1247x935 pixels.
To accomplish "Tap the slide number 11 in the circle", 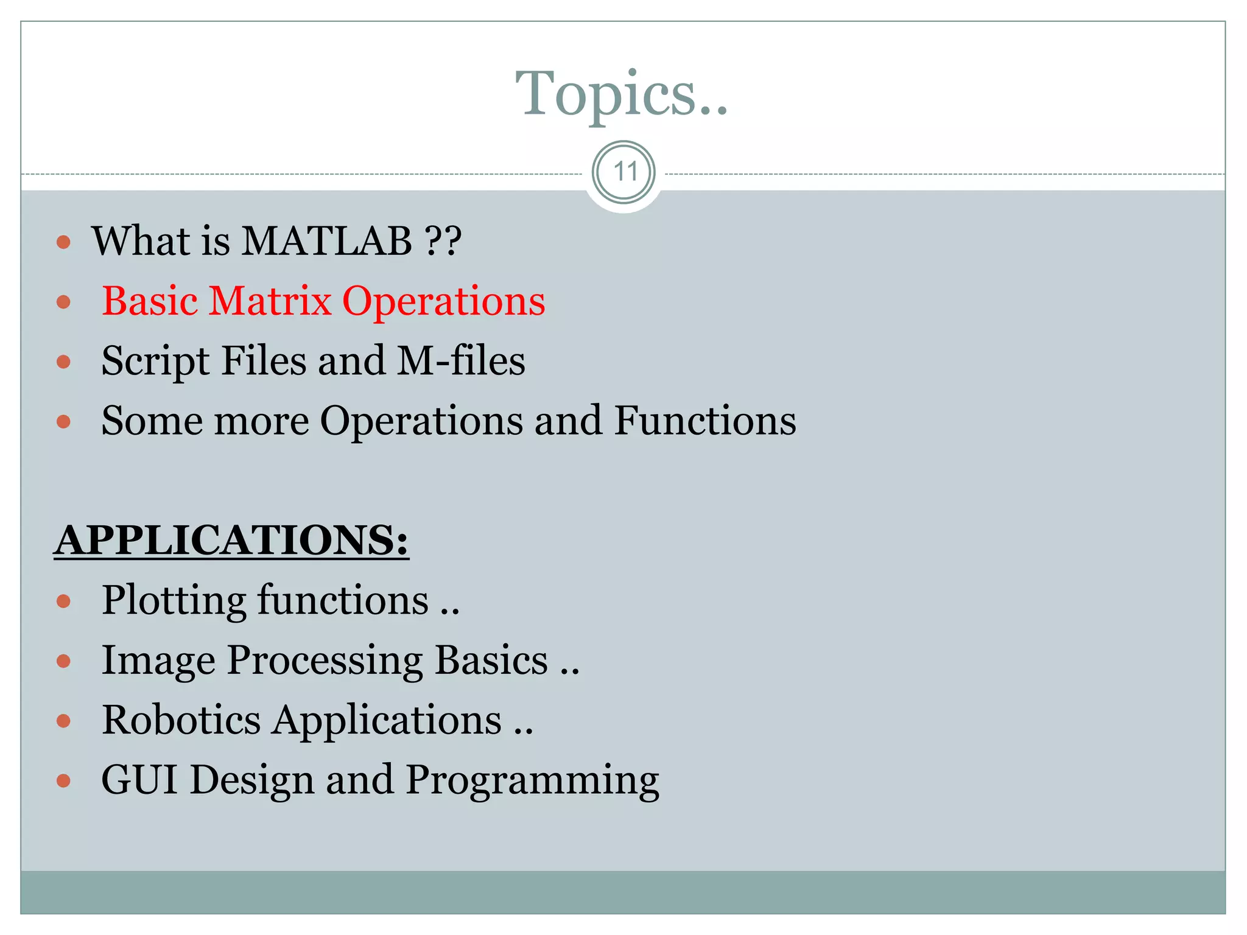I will [623, 172].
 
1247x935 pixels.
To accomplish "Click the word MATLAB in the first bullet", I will [326, 241].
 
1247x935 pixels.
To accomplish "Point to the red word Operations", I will [443, 302].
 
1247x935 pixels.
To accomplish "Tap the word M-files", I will [461, 360].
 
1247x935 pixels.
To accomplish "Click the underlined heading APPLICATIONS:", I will [231, 540].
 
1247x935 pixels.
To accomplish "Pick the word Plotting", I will [174, 601].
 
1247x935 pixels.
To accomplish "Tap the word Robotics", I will [181, 720].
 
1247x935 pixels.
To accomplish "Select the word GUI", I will [139, 780].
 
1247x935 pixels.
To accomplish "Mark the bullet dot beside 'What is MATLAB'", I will [63, 242].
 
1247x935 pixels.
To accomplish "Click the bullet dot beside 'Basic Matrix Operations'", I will [63, 302].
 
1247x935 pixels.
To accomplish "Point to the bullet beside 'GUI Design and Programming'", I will [63, 780].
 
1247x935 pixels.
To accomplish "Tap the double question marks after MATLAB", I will [443, 241].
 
